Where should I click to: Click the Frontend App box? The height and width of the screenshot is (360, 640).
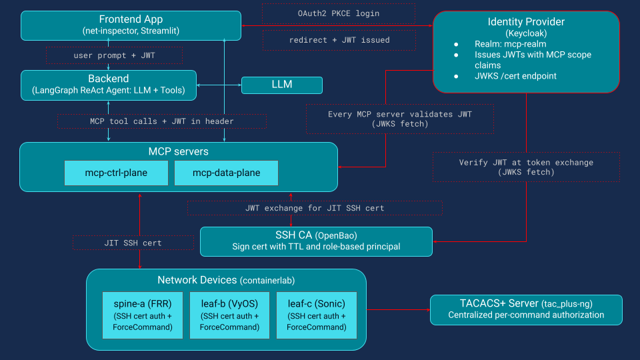pos(131,25)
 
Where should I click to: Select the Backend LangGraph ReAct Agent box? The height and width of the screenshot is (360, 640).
pos(108,85)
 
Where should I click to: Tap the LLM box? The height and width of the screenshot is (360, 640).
pos(281,85)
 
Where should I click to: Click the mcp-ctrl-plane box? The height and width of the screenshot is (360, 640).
pos(116,173)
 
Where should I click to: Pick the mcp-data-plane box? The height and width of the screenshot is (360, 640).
pos(226,173)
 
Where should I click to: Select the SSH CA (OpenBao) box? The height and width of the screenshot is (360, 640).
pos(316,241)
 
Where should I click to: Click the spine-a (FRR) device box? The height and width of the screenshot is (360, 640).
pos(143,315)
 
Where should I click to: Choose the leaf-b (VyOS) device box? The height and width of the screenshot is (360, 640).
pos(229,315)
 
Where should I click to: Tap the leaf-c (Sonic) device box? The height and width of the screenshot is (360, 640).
pos(316,315)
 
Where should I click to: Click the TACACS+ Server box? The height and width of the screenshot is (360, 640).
pos(525,309)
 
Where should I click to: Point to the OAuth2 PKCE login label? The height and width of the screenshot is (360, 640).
pos(338,13)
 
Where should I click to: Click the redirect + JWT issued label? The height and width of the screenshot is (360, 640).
pos(338,40)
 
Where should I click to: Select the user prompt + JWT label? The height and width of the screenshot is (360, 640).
pos(114,55)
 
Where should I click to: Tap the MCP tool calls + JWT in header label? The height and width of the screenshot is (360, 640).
pos(161,121)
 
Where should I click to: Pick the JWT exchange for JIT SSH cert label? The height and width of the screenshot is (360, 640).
pos(314,208)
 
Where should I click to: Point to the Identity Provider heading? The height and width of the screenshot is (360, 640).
pos(526,22)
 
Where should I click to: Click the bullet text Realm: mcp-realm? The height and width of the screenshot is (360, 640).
pos(510,44)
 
